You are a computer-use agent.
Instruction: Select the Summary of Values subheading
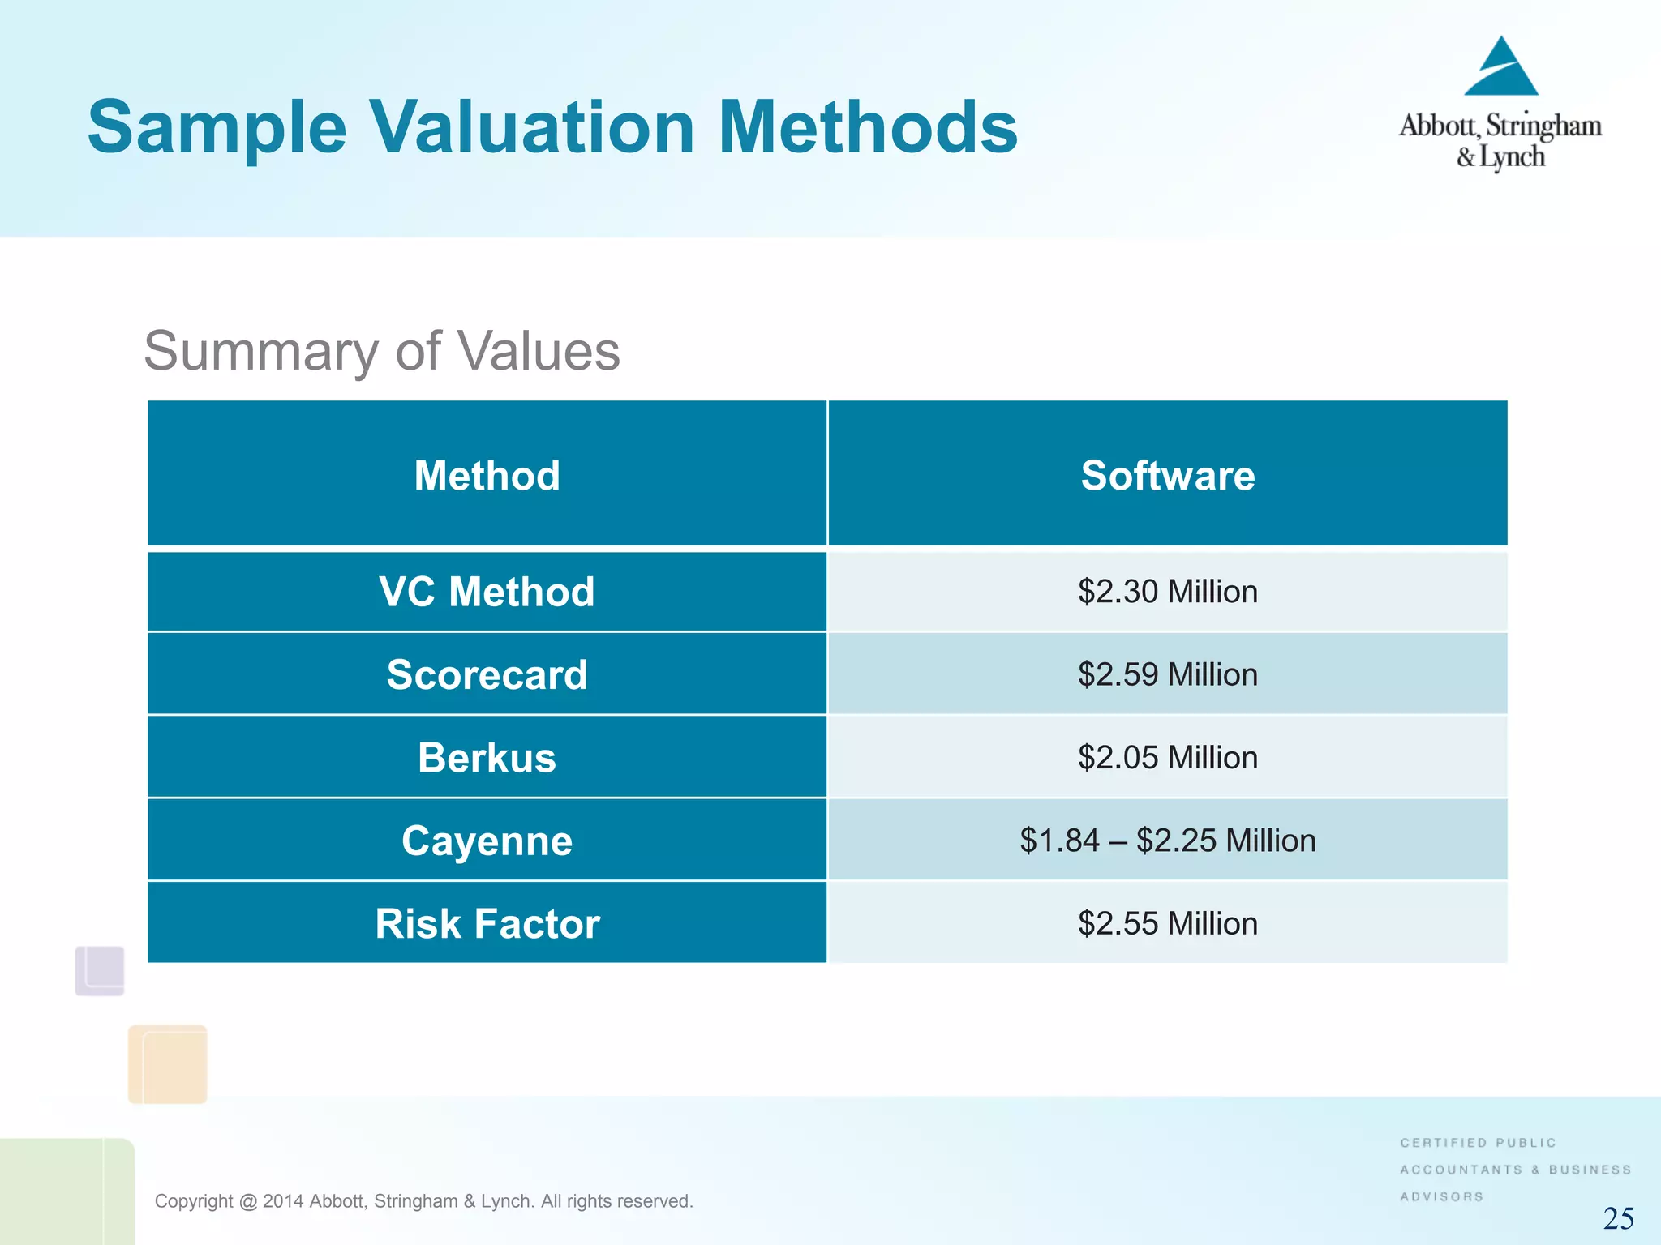point(381,351)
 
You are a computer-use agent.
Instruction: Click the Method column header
point(487,475)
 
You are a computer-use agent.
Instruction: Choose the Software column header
point(1167,475)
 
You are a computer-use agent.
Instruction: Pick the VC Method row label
point(487,592)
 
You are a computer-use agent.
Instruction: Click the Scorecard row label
point(487,674)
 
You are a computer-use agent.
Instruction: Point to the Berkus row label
point(487,758)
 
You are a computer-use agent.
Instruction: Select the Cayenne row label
point(487,841)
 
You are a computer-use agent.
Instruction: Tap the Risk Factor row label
point(487,923)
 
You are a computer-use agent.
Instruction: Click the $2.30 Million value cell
point(1167,592)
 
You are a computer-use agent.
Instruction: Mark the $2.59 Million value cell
point(1167,674)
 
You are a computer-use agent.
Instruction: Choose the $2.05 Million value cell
point(1167,758)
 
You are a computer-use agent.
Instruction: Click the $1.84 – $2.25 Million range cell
point(1167,841)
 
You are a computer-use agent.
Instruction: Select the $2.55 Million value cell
point(1167,923)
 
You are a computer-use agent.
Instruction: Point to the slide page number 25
point(1618,1218)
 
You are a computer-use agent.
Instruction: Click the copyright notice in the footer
point(423,1201)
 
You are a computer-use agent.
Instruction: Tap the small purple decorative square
point(100,970)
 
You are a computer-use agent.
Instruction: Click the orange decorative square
point(168,1063)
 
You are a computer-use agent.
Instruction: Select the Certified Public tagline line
point(1478,1143)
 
